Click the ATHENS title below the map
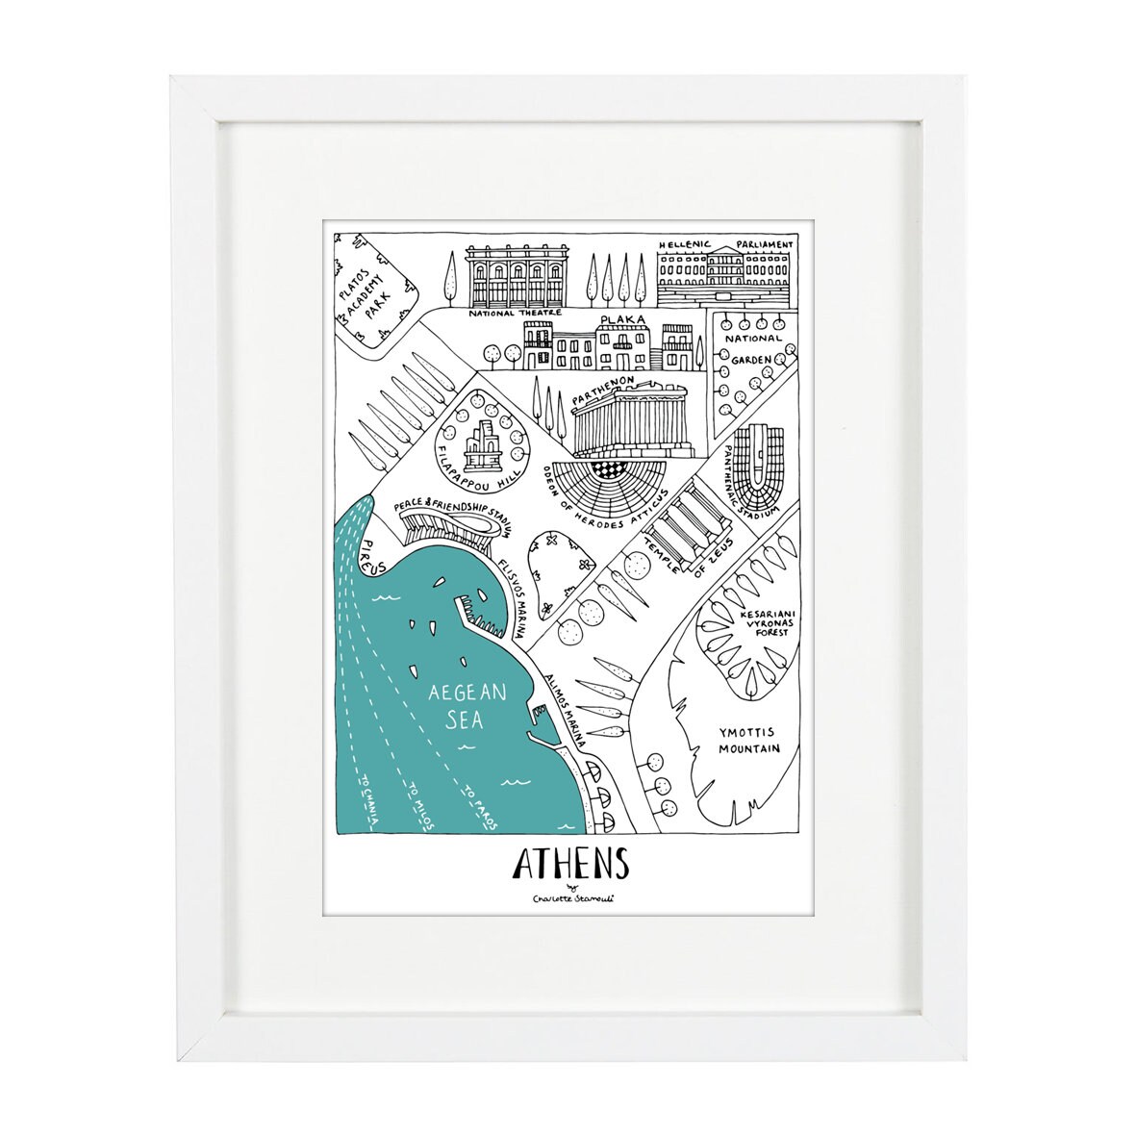point(569,864)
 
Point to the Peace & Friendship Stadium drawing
point(446,531)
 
